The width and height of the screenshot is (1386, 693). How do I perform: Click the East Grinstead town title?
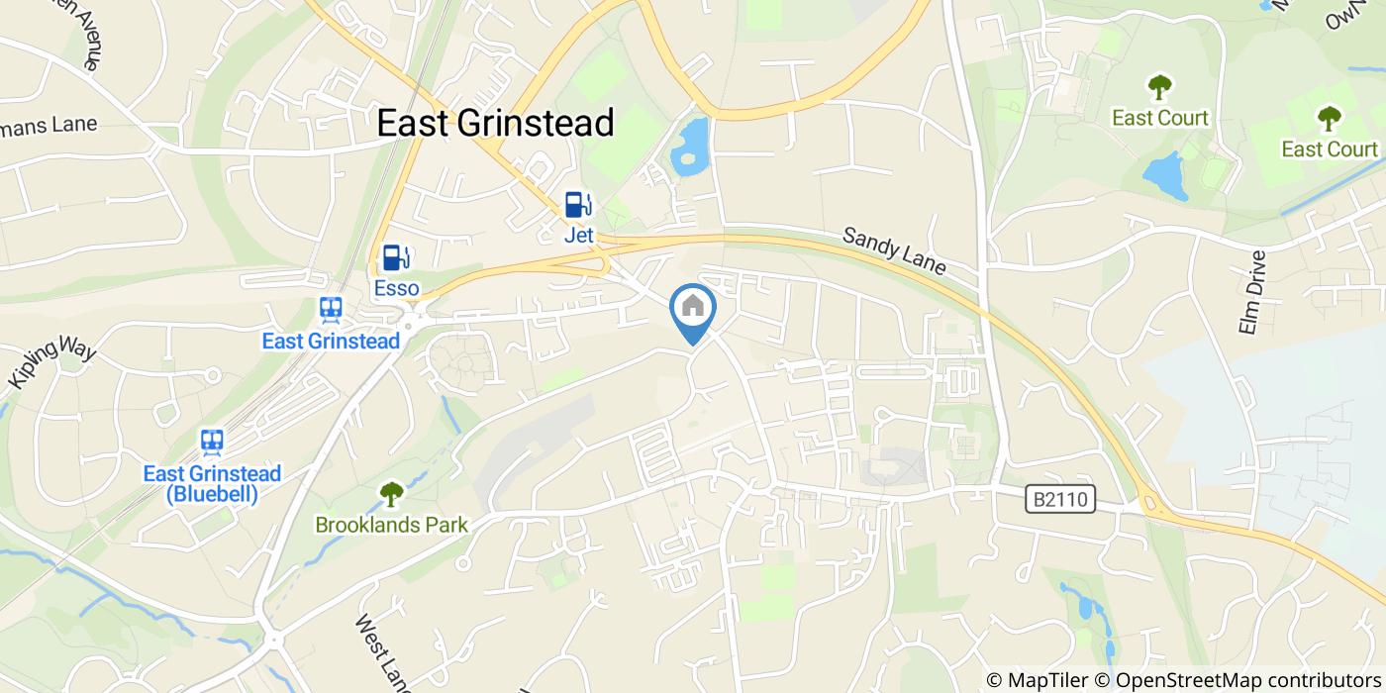496,123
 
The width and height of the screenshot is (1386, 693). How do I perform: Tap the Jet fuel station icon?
578,205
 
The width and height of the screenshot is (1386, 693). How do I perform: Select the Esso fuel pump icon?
396,257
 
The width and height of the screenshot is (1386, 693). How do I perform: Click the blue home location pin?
693,309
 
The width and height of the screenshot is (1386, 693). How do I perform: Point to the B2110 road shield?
1060,500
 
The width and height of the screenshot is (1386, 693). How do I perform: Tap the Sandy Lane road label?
894,251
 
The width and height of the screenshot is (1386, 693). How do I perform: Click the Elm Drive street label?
1252,291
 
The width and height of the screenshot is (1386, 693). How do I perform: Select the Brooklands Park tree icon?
391,493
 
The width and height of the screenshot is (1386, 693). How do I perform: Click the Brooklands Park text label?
391,525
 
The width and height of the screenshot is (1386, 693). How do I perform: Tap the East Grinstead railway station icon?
331,310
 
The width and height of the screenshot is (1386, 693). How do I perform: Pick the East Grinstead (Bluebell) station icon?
211,442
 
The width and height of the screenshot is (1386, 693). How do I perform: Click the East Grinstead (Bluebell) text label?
212,484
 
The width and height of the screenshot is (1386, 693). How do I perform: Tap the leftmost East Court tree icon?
1159,87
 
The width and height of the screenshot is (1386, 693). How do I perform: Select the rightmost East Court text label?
1329,149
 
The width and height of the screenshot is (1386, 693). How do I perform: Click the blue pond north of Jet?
690,146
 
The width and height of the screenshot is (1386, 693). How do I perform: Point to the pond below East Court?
1165,176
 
